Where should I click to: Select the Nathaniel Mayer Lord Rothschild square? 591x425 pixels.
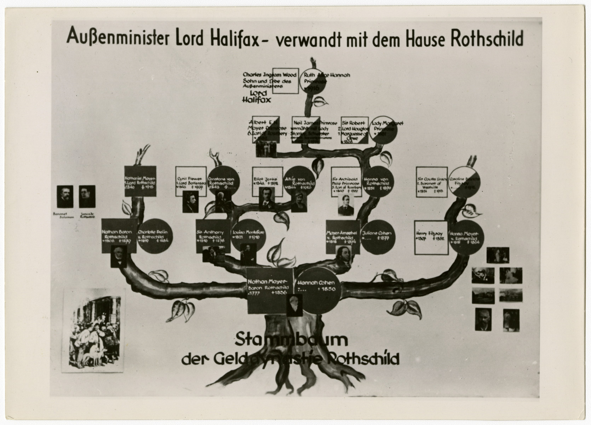pyautogui.click(x=140, y=181)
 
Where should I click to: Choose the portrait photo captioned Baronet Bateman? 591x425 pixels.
pyautogui.click(x=65, y=197)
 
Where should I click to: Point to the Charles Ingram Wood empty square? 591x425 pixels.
pyautogui.click(x=285, y=81)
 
